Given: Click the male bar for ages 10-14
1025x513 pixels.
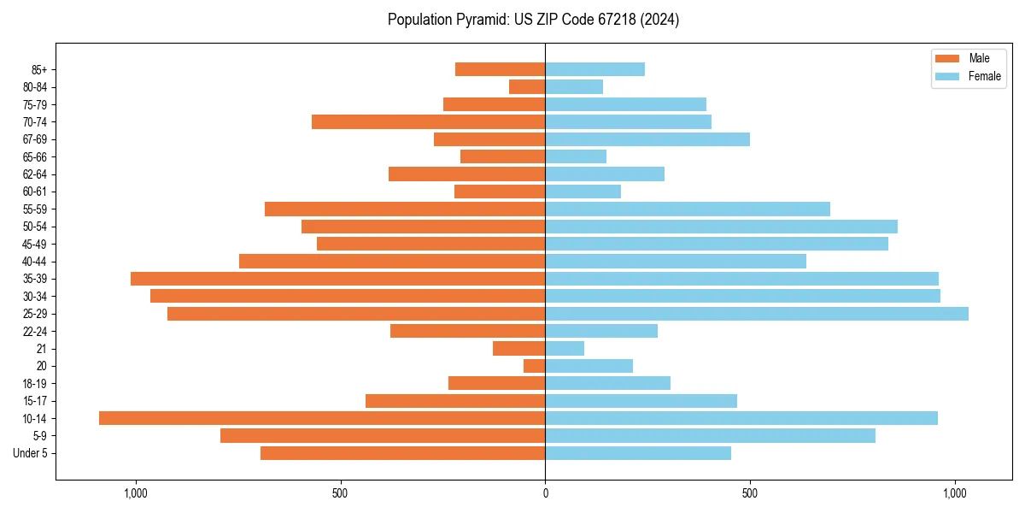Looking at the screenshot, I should tap(322, 418).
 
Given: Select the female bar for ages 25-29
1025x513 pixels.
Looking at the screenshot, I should tap(757, 314).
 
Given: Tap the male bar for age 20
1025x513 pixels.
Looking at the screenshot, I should tap(535, 366).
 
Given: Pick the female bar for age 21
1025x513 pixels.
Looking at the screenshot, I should tap(565, 349).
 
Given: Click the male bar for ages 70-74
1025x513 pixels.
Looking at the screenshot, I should tap(429, 122).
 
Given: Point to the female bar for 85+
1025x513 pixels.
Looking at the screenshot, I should tap(595, 69).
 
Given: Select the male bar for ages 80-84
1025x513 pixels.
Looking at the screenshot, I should tap(527, 87).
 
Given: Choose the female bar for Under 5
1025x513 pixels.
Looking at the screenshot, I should tap(638, 453).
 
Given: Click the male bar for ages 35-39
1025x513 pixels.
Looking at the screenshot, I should tap(338, 279).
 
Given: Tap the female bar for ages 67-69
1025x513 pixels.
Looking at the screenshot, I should tap(647, 139).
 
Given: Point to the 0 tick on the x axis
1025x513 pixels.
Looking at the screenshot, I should tap(545, 493).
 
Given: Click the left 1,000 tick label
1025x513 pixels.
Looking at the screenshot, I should tap(136, 493).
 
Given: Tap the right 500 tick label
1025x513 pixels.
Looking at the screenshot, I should tap(750, 493).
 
